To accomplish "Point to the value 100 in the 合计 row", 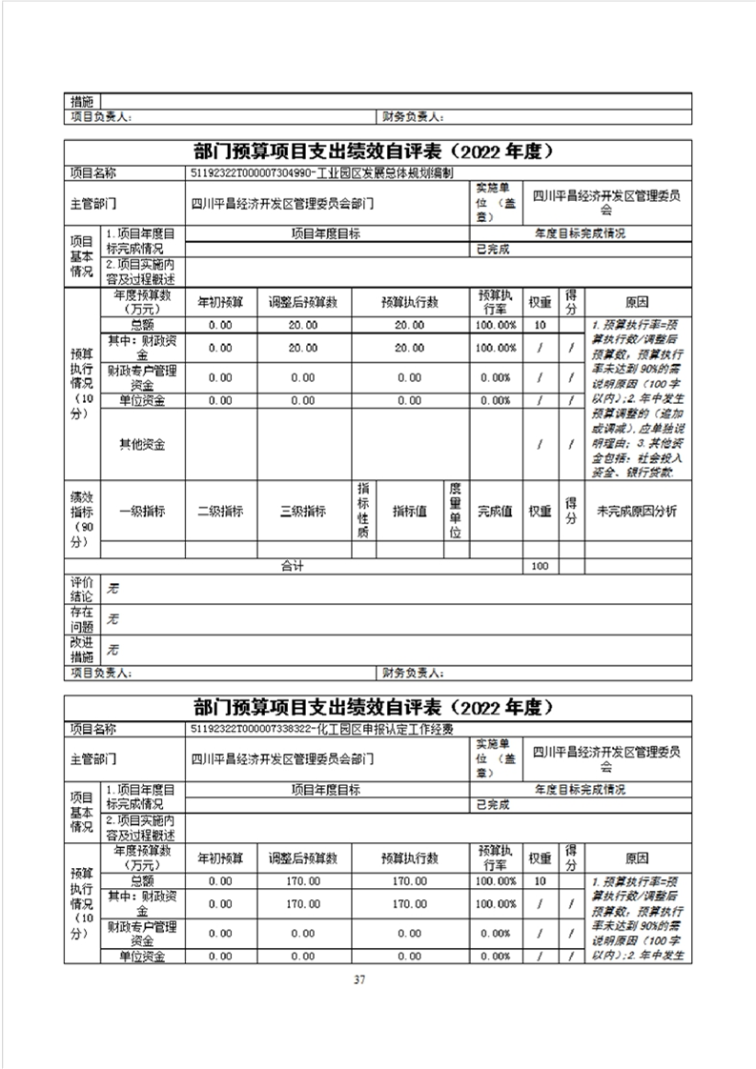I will click(x=541, y=566).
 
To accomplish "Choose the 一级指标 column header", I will click(x=142, y=511).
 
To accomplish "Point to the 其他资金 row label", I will click(x=142, y=445).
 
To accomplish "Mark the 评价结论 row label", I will click(x=82, y=588).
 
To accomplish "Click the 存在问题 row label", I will click(x=82, y=619).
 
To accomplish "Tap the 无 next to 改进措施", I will click(x=112, y=651).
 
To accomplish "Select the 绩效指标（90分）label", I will click(x=82, y=517).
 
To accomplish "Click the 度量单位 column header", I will click(x=456, y=511).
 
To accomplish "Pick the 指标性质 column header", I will click(x=362, y=511).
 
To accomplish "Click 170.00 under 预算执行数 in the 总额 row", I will click(x=409, y=881).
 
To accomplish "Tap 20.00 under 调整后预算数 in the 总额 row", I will click(x=302, y=325).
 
